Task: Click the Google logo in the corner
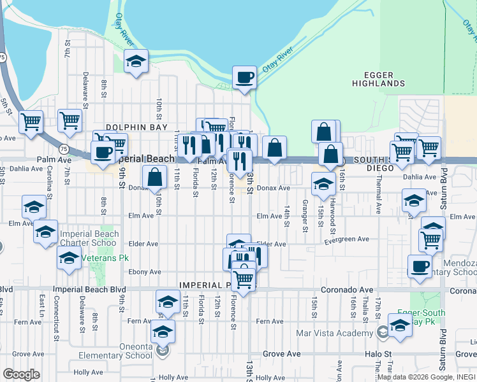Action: coord(21,374)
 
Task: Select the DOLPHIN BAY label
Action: coord(131,127)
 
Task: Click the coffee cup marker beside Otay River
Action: coord(244,78)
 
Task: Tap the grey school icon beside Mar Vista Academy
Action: coord(382,332)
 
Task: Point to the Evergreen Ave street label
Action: coord(346,239)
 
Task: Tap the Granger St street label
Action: coord(305,215)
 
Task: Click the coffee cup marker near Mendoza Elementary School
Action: coord(419,266)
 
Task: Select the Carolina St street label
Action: coord(49,181)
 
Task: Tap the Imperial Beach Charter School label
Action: coord(89,238)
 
